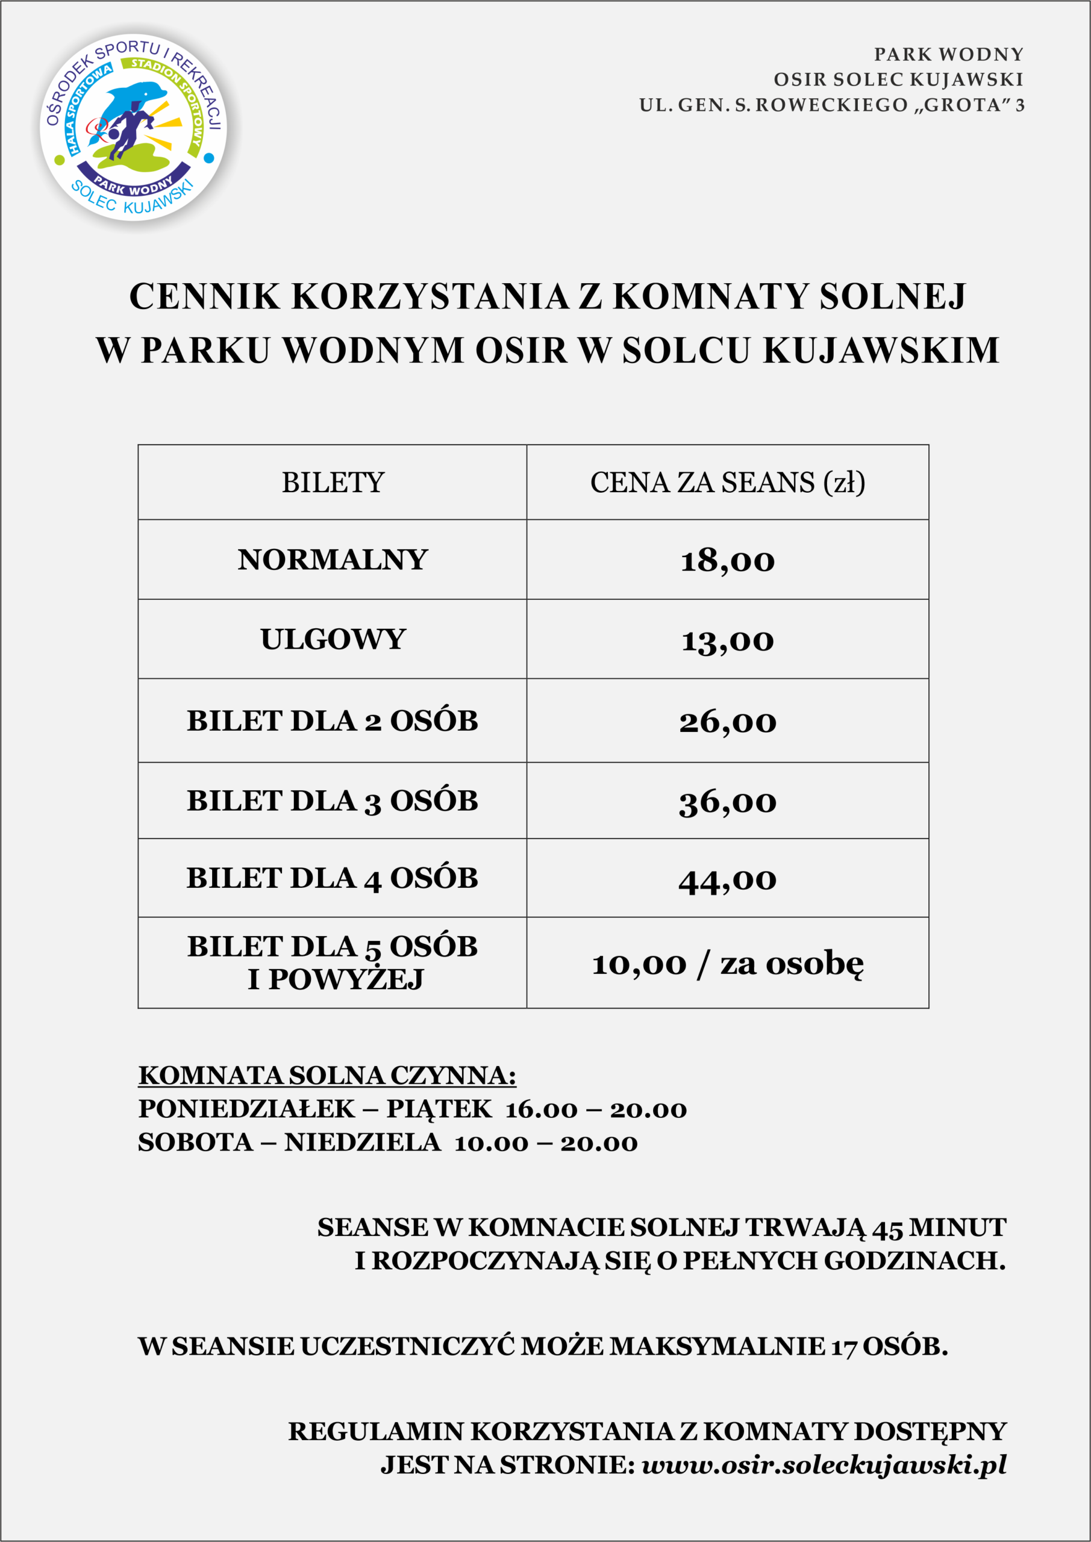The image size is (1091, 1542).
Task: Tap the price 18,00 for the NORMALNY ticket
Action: [x=728, y=560]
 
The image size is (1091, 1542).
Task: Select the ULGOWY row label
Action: [x=333, y=638]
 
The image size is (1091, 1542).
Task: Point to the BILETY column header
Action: [x=333, y=483]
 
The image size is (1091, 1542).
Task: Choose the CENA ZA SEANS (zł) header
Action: [x=728, y=483]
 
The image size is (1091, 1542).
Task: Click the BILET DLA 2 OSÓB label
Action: [x=333, y=720]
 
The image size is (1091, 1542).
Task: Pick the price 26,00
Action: [x=728, y=721]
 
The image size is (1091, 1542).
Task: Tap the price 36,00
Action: [x=728, y=801]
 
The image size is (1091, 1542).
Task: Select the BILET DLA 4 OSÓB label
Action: [x=333, y=878]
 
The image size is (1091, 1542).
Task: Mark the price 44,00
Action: [x=728, y=879]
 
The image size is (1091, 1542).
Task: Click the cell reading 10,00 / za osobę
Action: [x=728, y=964]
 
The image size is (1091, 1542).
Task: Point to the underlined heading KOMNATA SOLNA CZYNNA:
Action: [x=327, y=1075]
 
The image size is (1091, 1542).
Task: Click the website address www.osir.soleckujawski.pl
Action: [x=824, y=1465]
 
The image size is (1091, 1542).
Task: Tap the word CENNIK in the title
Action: [x=204, y=296]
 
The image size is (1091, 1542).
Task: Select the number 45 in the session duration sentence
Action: [x=887, y=1228]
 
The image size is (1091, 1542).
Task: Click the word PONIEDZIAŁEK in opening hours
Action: [x=246, y=1109]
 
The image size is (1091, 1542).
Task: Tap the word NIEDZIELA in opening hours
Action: [x=362, y=1143]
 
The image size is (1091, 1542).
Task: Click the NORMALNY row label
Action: [x=333, y=560]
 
